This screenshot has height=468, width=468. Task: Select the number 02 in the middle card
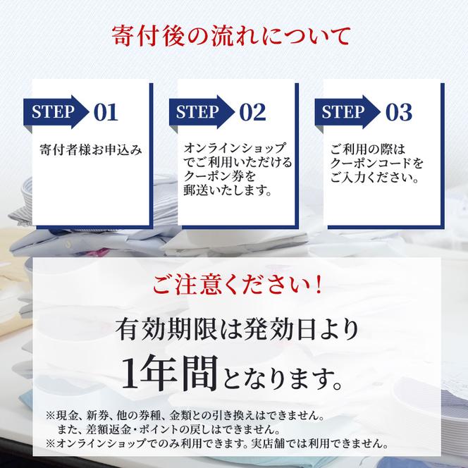point(252,111)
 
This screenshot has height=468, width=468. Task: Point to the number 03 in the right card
point(398,111)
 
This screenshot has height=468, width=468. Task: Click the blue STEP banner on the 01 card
point(55,111)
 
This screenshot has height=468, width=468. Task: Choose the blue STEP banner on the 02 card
point(201,111)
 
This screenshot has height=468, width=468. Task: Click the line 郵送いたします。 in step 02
point(228,191)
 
